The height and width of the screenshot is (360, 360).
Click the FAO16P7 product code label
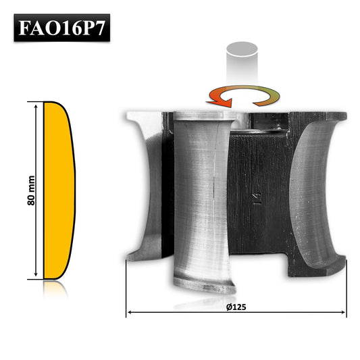61,29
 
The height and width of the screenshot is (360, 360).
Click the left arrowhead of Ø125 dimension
129,313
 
